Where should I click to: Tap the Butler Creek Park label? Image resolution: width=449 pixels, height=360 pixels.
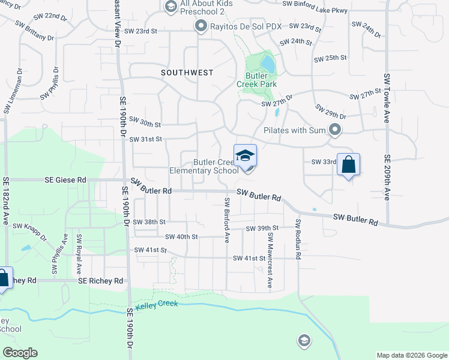point(261,80)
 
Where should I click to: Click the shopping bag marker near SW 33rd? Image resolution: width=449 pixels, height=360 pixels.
point(348,164)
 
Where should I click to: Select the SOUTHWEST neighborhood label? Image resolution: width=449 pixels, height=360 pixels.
point(187,73)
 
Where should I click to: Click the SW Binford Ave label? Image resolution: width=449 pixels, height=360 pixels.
point(227,219)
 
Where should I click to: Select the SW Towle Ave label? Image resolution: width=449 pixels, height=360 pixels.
point(387,96)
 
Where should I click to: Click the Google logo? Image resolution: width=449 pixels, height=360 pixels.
point(19,353)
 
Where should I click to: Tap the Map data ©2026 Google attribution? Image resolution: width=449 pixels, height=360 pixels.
point(411,355)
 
